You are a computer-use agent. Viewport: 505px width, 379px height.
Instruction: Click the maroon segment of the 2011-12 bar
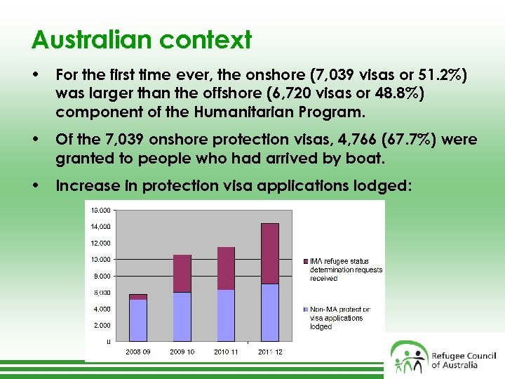point(270,253)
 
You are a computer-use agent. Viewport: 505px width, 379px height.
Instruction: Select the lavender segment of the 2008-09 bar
point(138,320)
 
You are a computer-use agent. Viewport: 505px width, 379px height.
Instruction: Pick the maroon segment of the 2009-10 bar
point(182,273)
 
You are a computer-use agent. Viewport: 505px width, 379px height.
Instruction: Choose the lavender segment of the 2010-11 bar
point(226,315)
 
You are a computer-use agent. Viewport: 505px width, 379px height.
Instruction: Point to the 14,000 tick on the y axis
point(100,227)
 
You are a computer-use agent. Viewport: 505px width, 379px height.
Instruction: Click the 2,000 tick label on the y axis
point(102,325)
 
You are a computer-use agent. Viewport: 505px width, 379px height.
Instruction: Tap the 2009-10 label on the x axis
point(182,352)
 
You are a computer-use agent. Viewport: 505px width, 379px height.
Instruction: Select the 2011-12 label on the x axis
point(270,352)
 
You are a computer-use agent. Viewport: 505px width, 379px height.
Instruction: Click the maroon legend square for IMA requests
point(305,262)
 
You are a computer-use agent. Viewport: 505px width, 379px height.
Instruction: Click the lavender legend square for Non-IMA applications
point(305,310)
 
